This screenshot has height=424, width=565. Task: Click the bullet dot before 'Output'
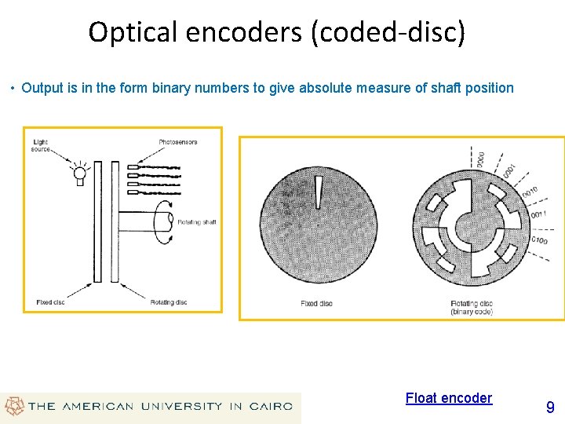click(13, 88)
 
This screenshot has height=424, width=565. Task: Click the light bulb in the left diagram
click(78, 175)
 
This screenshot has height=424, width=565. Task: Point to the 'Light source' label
click(41, 145)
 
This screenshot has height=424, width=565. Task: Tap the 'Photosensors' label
click(177, 142)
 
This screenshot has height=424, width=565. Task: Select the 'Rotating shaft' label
click(196, 222)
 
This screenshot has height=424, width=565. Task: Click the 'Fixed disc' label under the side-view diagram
click(51, 302)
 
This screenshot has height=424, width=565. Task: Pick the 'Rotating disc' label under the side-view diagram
click(168, 302)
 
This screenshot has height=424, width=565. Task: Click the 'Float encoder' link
click(448, 398)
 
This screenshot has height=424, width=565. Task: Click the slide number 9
click(550, 407)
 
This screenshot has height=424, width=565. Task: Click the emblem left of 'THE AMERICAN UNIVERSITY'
click(13, 406)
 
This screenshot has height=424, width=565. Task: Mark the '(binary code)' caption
click(472, 312)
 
